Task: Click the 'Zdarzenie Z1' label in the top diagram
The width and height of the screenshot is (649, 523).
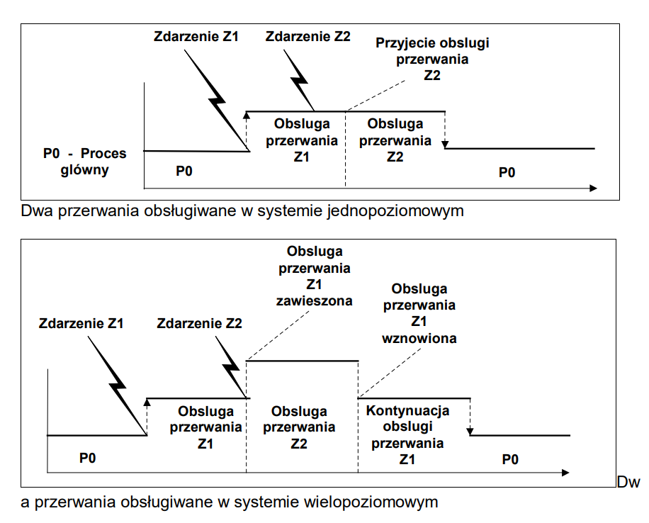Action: pyautogui.click(x=196, y=35)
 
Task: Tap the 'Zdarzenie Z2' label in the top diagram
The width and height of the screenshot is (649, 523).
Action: pyautogui.click(x=307, y=35)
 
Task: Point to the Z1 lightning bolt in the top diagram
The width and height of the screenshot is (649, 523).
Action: pyautogui.click(x=220, y=99)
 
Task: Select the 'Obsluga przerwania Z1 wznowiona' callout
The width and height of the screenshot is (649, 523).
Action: pyautogui.click(x=419, y=313)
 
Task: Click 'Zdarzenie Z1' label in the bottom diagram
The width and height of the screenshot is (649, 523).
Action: pyautogui.click(x=82, y=324)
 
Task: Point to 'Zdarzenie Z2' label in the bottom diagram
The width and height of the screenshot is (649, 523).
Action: pyautogui.click(x=201, y=324)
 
